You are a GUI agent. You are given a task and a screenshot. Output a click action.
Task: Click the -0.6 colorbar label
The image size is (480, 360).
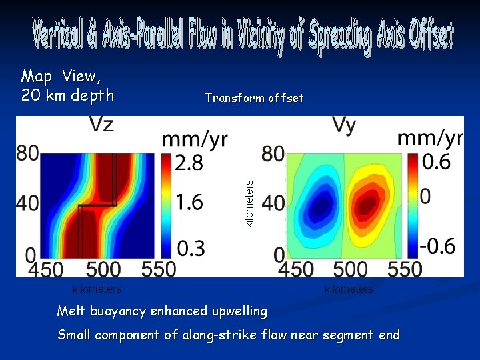click(437, 246)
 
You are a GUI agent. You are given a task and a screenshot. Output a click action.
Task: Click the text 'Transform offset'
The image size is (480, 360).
click(254, 98)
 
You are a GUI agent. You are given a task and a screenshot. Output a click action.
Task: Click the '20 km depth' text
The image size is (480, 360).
click(67, 95)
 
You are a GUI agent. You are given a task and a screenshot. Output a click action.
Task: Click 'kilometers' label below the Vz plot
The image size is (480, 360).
click(97, 289)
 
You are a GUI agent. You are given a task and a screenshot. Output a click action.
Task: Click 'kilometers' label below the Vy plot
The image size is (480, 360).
click(349, 289)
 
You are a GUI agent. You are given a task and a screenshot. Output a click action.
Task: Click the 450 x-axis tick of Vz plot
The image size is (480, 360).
click(46, 269)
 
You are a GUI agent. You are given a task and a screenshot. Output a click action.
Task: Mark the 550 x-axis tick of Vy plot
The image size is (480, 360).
click(406, 269)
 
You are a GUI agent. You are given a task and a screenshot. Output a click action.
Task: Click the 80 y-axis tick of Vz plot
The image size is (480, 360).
click(27, 153)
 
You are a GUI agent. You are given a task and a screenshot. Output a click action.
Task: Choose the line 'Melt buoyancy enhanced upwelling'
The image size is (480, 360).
click(162, 311)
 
